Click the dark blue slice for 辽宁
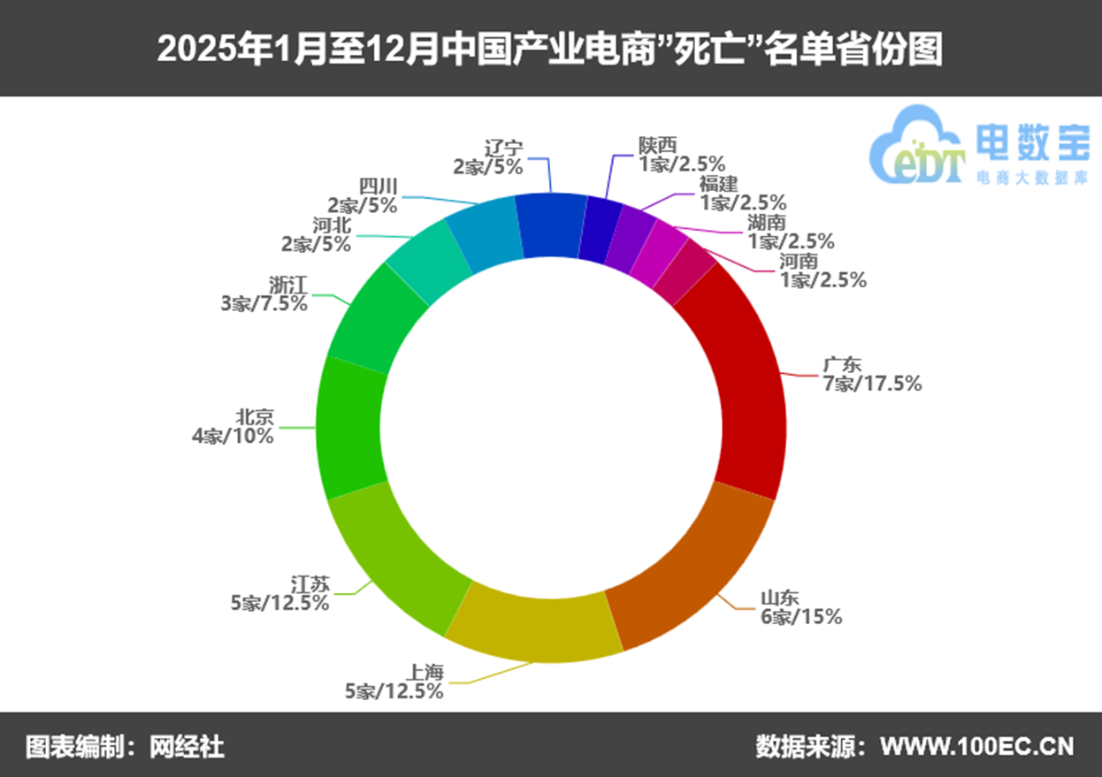tap(550, 226)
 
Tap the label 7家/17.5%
tap(871, 384)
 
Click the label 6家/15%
tap(801, 617)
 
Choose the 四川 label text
tap(379, 187)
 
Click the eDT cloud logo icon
tap(916, 146)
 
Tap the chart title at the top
tap(550, 49)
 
